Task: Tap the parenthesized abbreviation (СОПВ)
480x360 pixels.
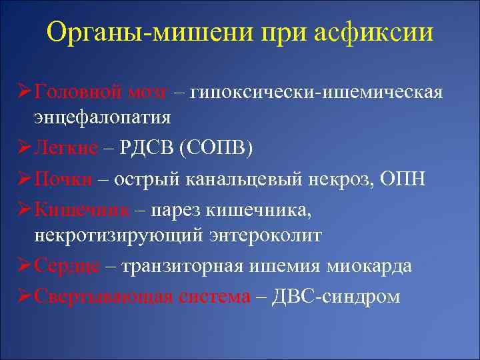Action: [x=216, y=147]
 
